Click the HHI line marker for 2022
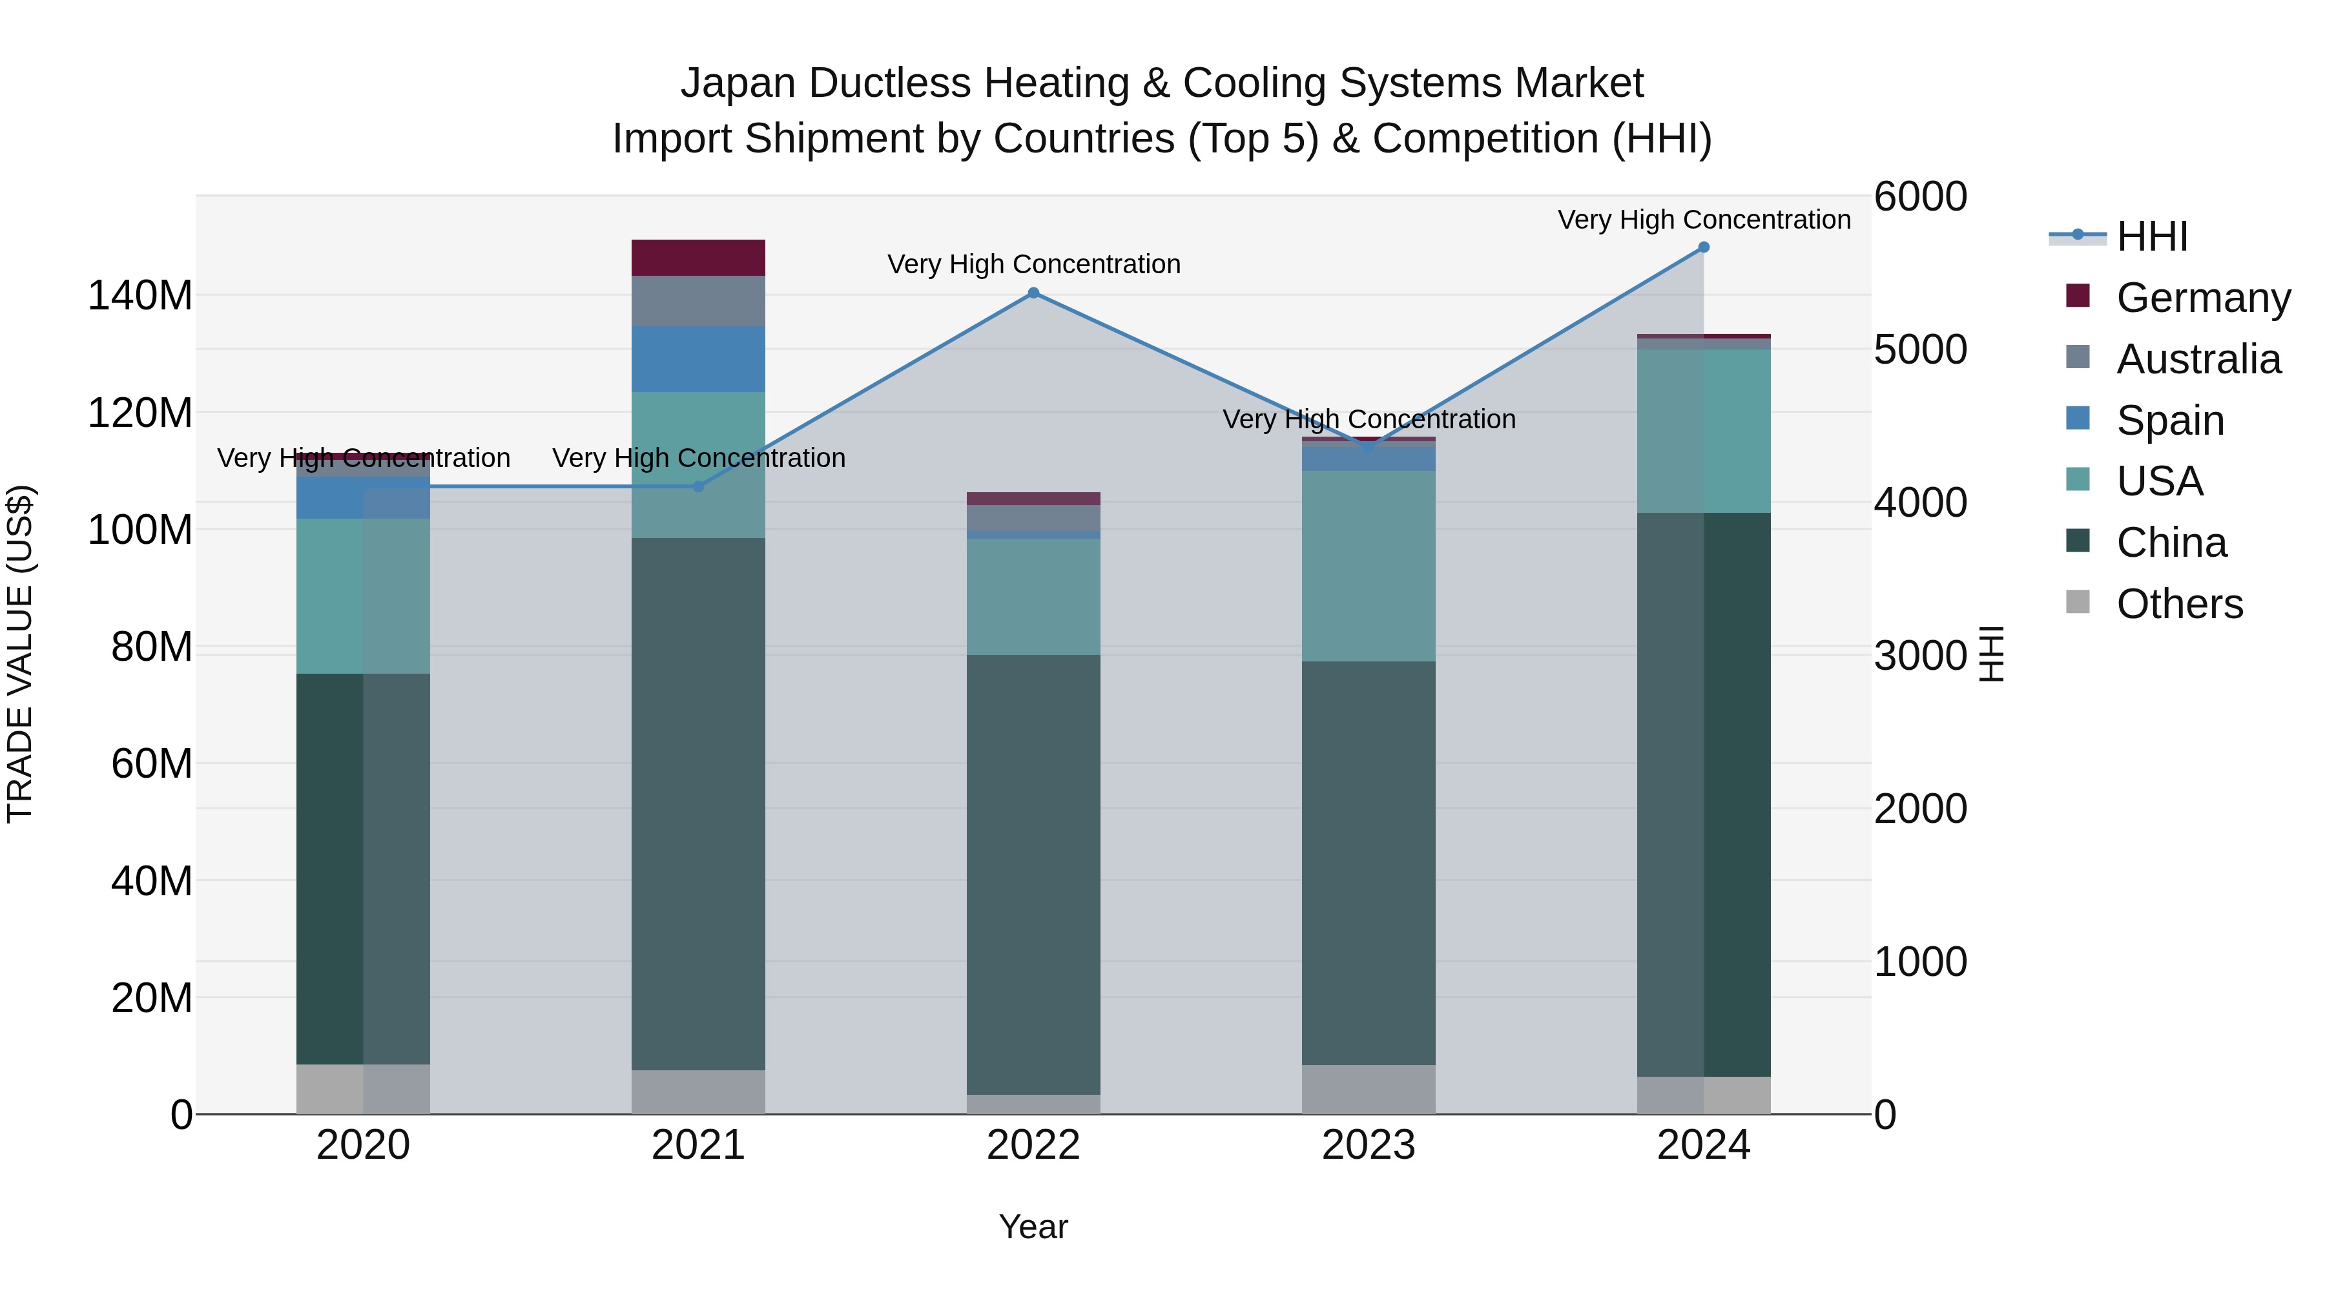tap(1033, 293)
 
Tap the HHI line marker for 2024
tap(1703, 247)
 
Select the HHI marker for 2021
tap(697, 486)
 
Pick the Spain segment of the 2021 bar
tap(697, 359)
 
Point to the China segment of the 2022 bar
tap(1033, 874)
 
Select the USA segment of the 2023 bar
tap(1369, 566)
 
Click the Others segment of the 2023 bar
tap(1369, 1090)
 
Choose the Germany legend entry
tap(2202, 298)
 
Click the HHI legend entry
tap(2152, 236)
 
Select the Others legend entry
tap(2179, 604)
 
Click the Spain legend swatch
tap(2078, 419)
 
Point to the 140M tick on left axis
tap(140, 296)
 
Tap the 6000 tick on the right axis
tap(1920, 197)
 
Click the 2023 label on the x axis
tap(1369, 1145)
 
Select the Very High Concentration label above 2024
tap(1703, 220)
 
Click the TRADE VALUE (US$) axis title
tap(21, 654)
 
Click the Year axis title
tap(1033, 1227)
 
